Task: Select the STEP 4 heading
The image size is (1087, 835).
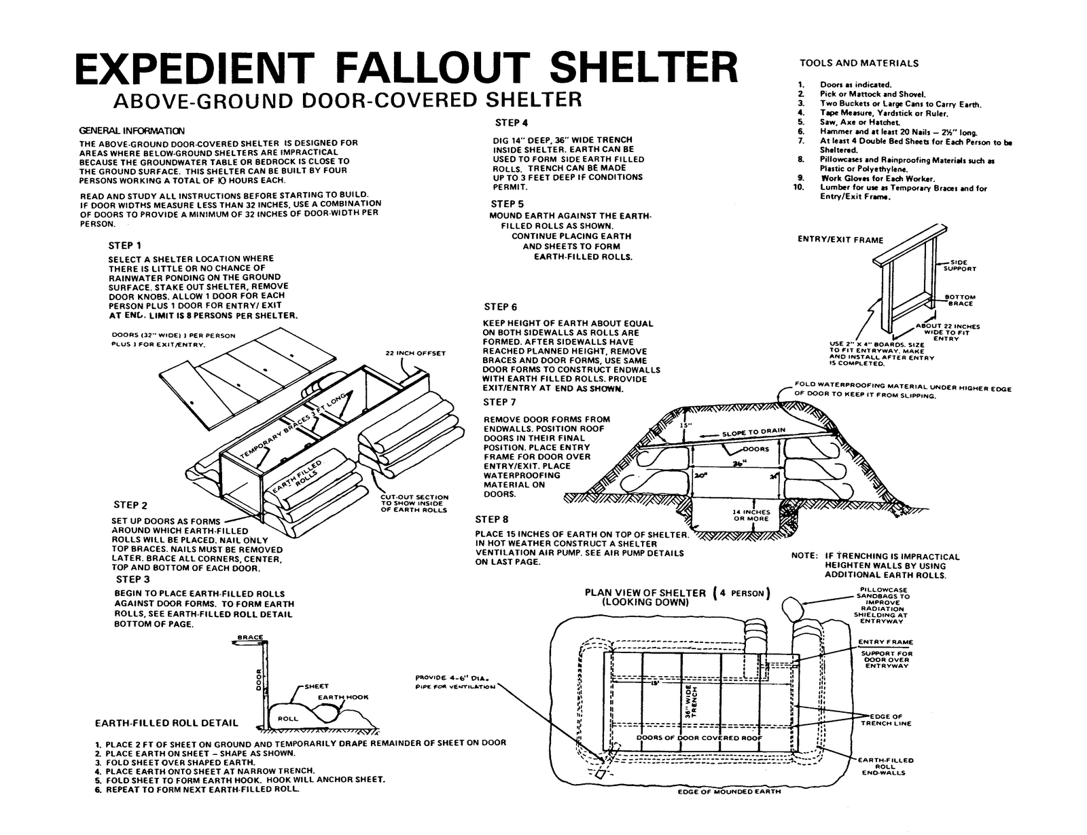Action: (x=512, y=123)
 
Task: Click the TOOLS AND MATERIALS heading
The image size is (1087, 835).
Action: (x=859, y=63)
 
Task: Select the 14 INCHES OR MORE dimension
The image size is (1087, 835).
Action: (x=751, y=515)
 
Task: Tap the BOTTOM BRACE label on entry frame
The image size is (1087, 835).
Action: (x=960, y=300)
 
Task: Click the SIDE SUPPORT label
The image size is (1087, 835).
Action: (x=959, y=265)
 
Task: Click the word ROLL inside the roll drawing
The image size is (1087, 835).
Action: (x=288, y=718)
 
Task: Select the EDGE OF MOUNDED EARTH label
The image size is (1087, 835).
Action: (x=729, y=791)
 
